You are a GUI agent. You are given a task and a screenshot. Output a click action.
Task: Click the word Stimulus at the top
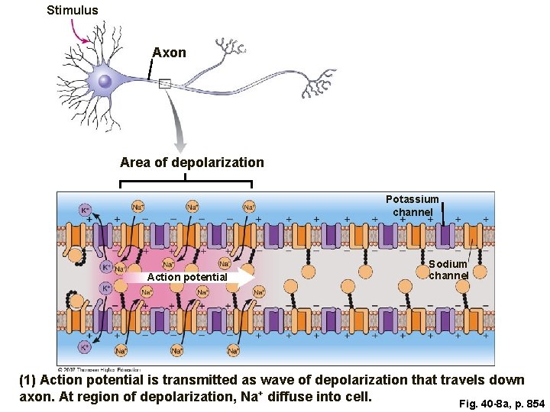(x=72, y=10)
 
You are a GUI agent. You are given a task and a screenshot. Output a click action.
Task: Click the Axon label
(x=169, y=53)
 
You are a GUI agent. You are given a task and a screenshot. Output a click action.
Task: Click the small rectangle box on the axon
(x=164, y=83)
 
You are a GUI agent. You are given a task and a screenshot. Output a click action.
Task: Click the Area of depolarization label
(x=192, y=163)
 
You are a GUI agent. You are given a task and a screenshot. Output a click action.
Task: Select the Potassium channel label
(x=412, y=205)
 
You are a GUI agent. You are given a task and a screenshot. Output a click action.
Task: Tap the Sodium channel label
(x=448, y=269)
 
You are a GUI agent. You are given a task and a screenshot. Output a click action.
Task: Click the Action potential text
(x=186, y=277)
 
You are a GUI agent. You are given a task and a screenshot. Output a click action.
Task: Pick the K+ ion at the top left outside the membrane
(x=86, y=209)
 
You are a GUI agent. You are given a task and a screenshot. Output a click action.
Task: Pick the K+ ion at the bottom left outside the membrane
(x=86, y=347)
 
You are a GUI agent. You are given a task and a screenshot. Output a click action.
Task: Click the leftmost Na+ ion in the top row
(x=138, y=207)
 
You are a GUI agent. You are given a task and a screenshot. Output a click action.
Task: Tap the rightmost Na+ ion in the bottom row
(x=233, y=350)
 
